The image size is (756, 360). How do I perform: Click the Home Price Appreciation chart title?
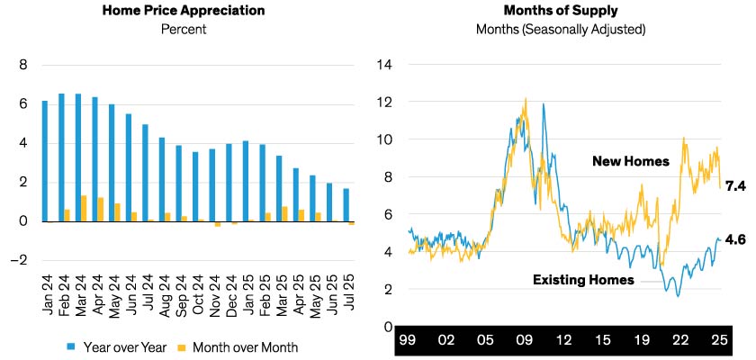coord(184,12)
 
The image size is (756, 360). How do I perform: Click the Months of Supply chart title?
coord(560,12)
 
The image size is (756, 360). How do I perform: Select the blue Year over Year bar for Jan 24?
coord(45,161)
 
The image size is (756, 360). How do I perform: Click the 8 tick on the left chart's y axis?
coord(24,65)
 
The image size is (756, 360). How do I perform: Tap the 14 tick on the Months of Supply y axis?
coord(384,65)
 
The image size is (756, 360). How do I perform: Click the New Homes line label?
coord(631,161)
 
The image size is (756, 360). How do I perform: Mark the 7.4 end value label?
coord(737,185)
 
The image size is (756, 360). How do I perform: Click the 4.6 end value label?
coord(737,239)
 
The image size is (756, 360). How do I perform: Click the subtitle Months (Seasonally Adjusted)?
coord(560,30)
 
